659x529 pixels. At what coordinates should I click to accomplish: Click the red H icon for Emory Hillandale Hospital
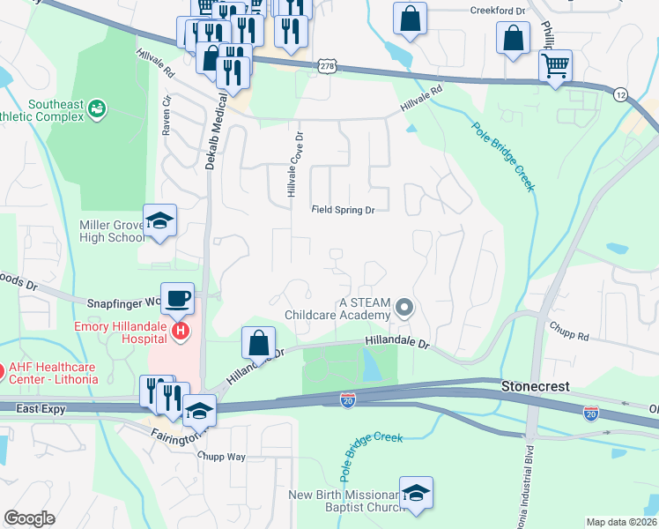point(181,332)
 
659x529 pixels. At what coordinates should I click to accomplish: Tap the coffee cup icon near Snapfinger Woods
point(177,297)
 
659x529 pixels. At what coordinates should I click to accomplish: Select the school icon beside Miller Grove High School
point(159,220)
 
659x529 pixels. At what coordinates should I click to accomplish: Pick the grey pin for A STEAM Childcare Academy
point(404,308)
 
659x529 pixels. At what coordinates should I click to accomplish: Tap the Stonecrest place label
point(535,386)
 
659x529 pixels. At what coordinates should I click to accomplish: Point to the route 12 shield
point(621,94)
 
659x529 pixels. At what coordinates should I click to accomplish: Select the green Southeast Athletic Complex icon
point(96,109)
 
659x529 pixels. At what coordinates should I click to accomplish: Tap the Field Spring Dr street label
point(344,210)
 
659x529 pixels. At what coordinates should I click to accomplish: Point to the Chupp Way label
point(222,457)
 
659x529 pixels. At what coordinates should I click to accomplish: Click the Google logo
point(29,518)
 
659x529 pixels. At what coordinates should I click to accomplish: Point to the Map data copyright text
point(622,522)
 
